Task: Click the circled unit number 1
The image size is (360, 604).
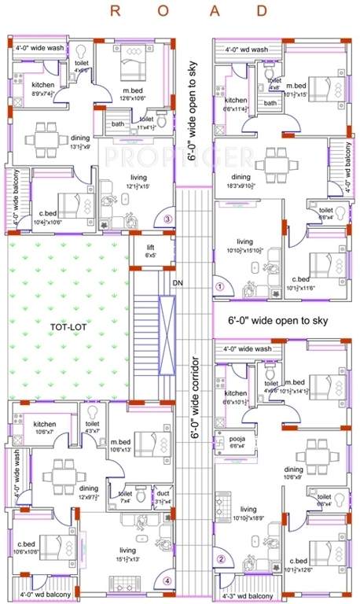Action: (x=220, y=287)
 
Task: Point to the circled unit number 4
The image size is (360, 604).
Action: (x=167, y=582)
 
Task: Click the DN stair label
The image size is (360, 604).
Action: (x=177, y=281)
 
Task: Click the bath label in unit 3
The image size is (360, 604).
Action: (x=117, y=123)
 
